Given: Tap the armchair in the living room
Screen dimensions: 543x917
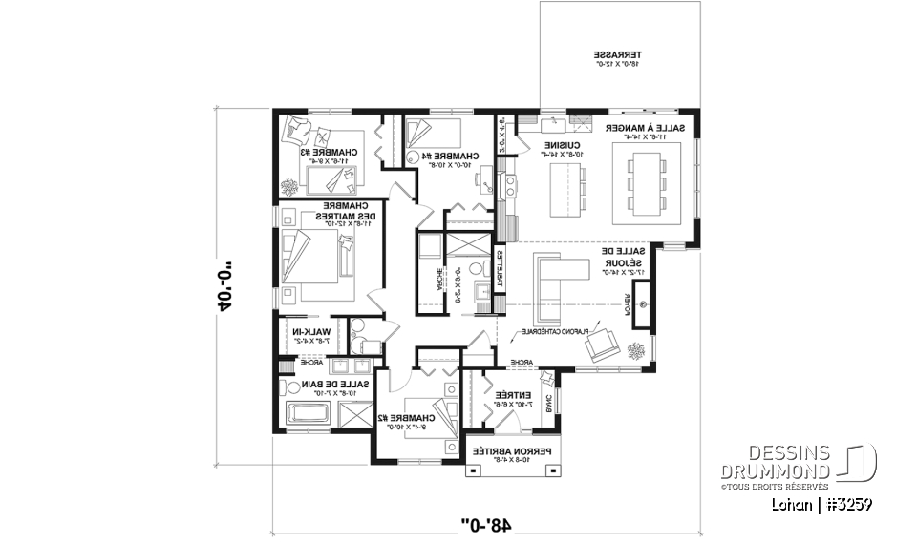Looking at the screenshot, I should (603, 343).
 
